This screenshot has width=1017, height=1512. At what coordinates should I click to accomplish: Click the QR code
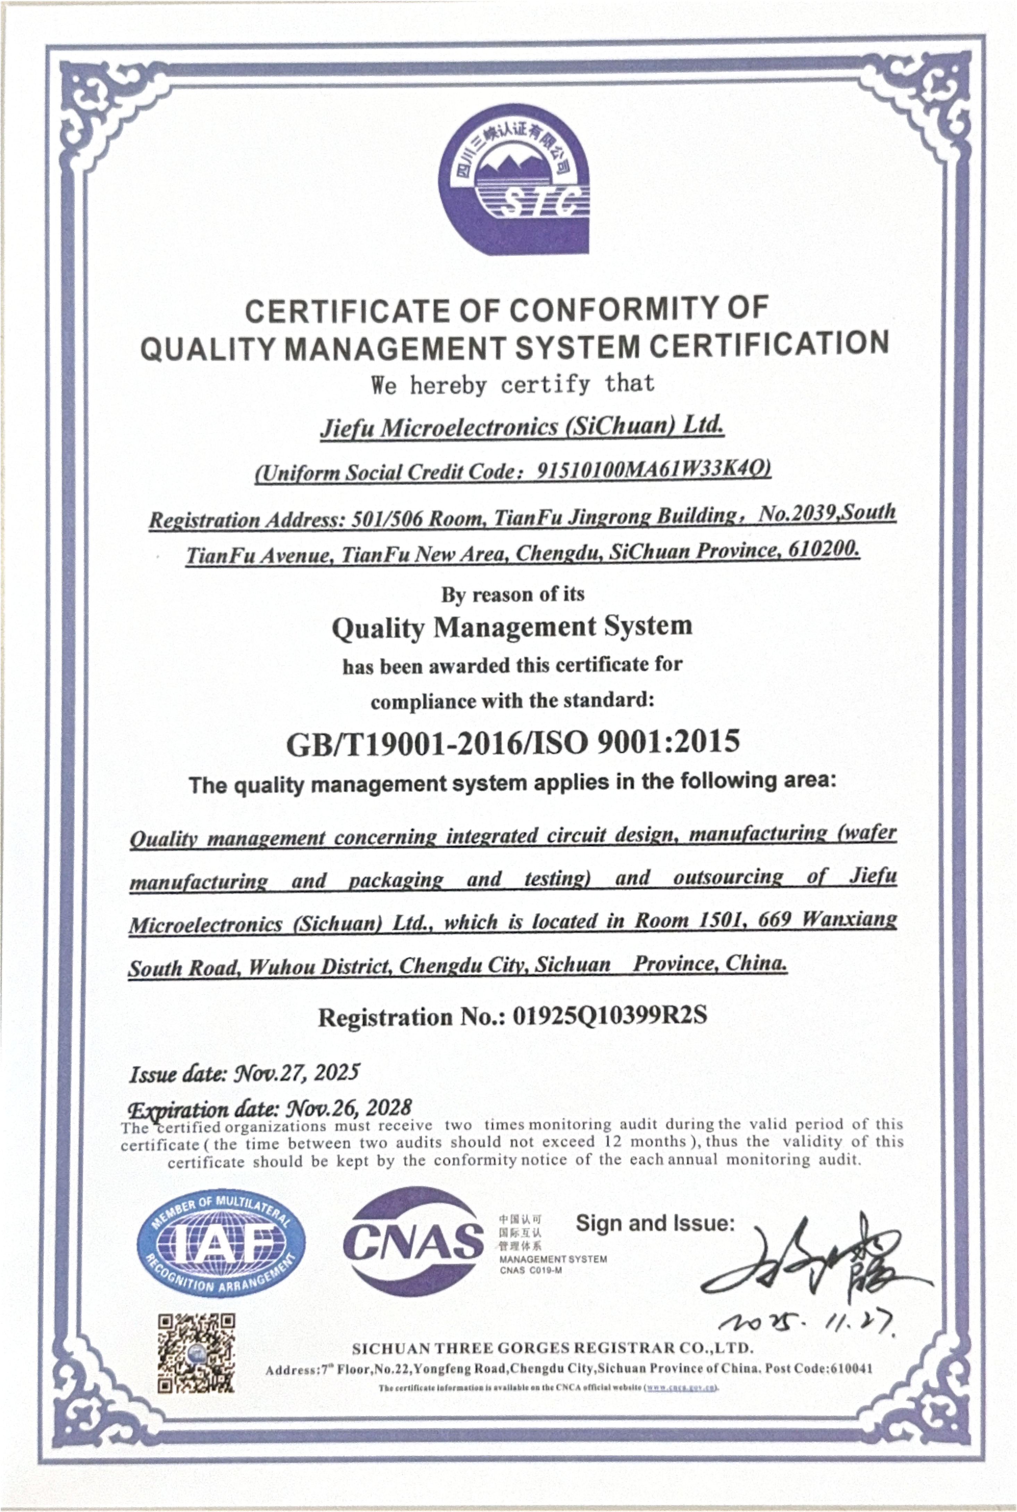pyautogui.click(x=196, y=1352)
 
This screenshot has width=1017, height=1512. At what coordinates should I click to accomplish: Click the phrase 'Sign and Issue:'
pyautogui.click(x=655, y=1223)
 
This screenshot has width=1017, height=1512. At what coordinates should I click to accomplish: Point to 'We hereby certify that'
pyautogui.click(x=512, y=384)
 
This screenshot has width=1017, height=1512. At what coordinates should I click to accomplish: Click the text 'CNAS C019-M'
pyautogui.click(x=531, y=1270)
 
